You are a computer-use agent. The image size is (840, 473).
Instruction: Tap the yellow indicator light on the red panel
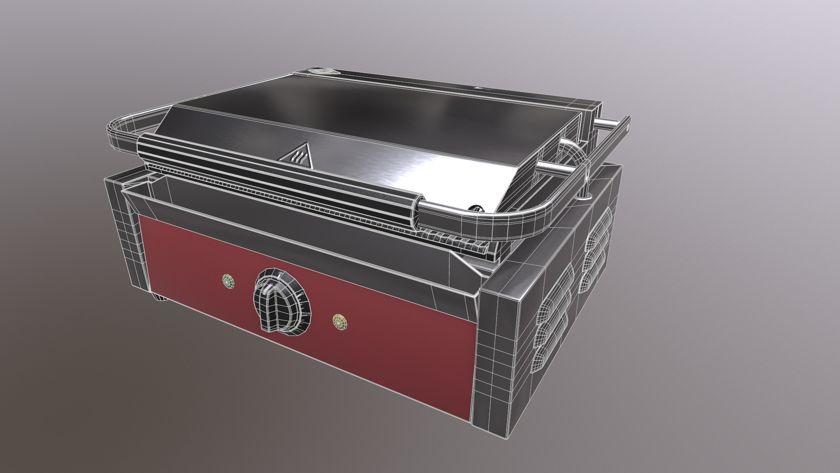(339, 321)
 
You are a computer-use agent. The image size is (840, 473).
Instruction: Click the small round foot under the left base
(161, 299)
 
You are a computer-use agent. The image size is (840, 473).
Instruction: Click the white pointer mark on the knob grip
(272, 287)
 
